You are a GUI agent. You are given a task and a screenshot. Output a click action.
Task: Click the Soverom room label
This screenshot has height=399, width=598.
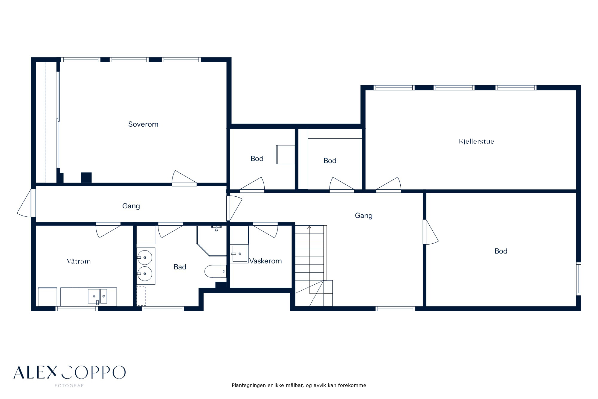(143, 124)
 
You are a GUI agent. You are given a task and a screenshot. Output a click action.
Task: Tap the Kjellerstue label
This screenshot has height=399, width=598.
(476, 142)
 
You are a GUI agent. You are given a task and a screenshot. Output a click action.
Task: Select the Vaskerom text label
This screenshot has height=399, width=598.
(266, 261)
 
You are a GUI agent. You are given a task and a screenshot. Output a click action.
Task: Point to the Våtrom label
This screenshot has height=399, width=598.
(79, 261)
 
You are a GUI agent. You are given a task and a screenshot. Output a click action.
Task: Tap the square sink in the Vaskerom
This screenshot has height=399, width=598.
(239, 254)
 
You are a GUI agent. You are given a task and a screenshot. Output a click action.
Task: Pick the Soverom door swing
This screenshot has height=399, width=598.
(184, 178)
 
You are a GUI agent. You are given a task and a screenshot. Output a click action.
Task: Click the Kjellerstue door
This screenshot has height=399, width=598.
(388, 185)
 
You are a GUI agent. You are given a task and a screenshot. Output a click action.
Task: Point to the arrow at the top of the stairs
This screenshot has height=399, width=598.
(309, 227)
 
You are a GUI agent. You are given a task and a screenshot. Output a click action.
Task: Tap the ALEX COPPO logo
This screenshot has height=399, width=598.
(69, 372)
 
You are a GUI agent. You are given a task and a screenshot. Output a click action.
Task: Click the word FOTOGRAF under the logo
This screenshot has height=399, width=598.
(69, 386)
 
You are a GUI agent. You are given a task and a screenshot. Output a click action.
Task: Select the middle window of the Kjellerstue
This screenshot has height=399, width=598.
(454, 88)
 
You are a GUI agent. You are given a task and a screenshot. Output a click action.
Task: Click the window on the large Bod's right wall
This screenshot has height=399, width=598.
(579, 279)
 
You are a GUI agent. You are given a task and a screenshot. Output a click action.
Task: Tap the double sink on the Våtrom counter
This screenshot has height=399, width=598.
(97, 296)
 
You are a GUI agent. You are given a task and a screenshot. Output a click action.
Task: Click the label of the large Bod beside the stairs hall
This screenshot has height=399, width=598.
(501, 251)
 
